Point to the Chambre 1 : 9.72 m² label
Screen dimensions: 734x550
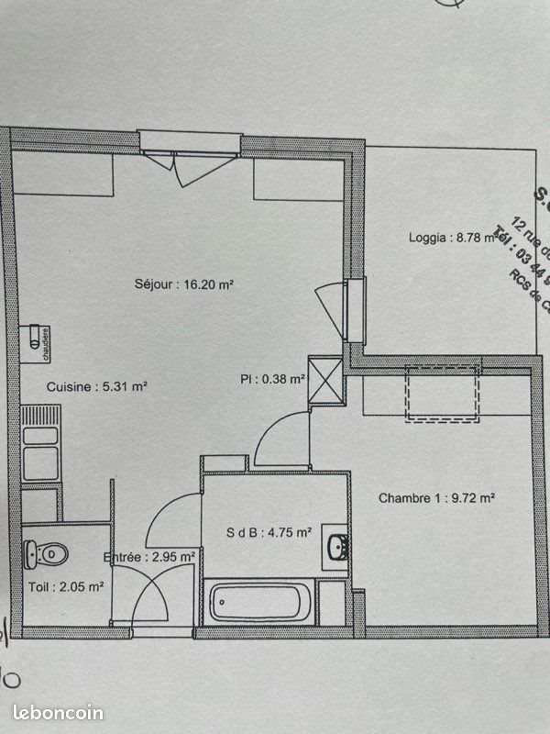tap(436, 498)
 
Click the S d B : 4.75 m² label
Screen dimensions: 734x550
tap(269, 532)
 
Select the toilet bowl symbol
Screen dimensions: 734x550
tap(46, 553)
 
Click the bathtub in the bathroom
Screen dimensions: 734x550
tap(259, 604)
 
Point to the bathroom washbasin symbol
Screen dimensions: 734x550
tap(337, 547)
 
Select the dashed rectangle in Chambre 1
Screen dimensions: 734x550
tap(443, 394)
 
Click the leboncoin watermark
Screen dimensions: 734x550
tap(59, 712)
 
